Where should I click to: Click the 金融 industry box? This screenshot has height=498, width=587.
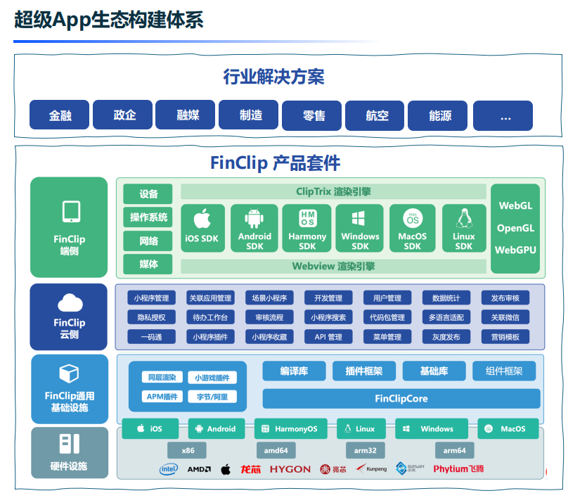click(x=60, y=115)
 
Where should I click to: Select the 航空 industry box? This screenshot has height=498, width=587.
click(x=377, y=115)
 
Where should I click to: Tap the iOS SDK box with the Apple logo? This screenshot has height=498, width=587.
click(x=202, y=228)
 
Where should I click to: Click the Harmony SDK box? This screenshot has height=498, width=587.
click(x=307, y=228)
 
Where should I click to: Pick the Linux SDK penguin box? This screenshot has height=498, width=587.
click(x=463, y=228)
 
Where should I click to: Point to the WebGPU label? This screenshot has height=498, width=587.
click(x=515, y=250)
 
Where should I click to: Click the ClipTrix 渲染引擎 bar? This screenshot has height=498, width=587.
click(x=333, y=191)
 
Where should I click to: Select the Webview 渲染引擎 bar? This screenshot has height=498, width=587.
click(x=333, y=266)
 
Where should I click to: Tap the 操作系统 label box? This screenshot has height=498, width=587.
click(x=148, y=217)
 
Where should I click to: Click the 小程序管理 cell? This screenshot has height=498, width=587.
click(x=151, y=298)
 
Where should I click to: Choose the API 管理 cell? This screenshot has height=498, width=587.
click(x=328, y=337)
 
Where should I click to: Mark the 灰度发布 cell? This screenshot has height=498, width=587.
click(x=446, y=337)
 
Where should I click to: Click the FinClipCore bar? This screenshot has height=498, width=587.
click(x=401, y=399)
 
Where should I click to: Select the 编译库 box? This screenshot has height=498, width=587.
click(x=293, y=371)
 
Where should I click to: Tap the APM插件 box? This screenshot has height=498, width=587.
click(x=162, y=397)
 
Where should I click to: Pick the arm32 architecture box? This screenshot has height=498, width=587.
click(x=366, y=450)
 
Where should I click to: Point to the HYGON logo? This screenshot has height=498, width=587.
click(x=290, y=469)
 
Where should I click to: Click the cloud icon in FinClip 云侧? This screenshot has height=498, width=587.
click(x=69, y=303)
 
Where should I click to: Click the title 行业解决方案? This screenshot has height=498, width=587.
click(x=273, y=76)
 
